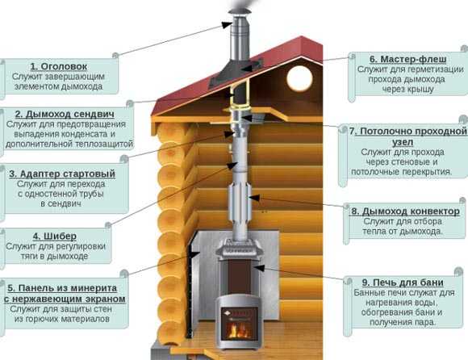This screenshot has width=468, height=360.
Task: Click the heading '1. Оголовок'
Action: pyautogui.click(x=59, y=66)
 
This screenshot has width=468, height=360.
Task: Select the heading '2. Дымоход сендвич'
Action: pyautogui.click(x=65, y=114)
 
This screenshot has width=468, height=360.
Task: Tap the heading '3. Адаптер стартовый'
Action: pyautogui.click(x=62, y=174)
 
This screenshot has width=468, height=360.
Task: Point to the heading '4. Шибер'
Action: pyautogui.click(x=55, y=237)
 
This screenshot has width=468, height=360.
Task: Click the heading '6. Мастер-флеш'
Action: pyautogui.click(x=407, y=59)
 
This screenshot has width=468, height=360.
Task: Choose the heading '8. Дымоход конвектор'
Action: pyautogui.click(x=405, y=211)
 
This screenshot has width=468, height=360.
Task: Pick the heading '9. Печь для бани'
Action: pyautogui.click(x=403, y=283)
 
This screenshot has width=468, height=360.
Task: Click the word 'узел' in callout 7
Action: pyautogui.click(x=403, y=142)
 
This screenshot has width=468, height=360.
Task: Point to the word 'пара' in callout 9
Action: pyautogui.click(x=424, y=322)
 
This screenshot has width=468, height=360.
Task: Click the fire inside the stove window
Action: pyautogui.click(x=240, y=329)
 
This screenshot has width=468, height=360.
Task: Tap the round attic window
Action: pyautogui.click(x=299, y=78)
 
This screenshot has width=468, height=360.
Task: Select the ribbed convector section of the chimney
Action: pyautogui.click(x=240, y=199)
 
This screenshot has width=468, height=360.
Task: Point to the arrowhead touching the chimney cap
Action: pyautogui.click(x=228, y=25)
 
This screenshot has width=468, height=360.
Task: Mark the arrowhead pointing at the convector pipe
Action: pyautogui.click(x=253, y=198)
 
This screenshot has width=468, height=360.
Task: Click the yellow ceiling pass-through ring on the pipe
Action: pyautogui.click(x=239, y=111)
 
